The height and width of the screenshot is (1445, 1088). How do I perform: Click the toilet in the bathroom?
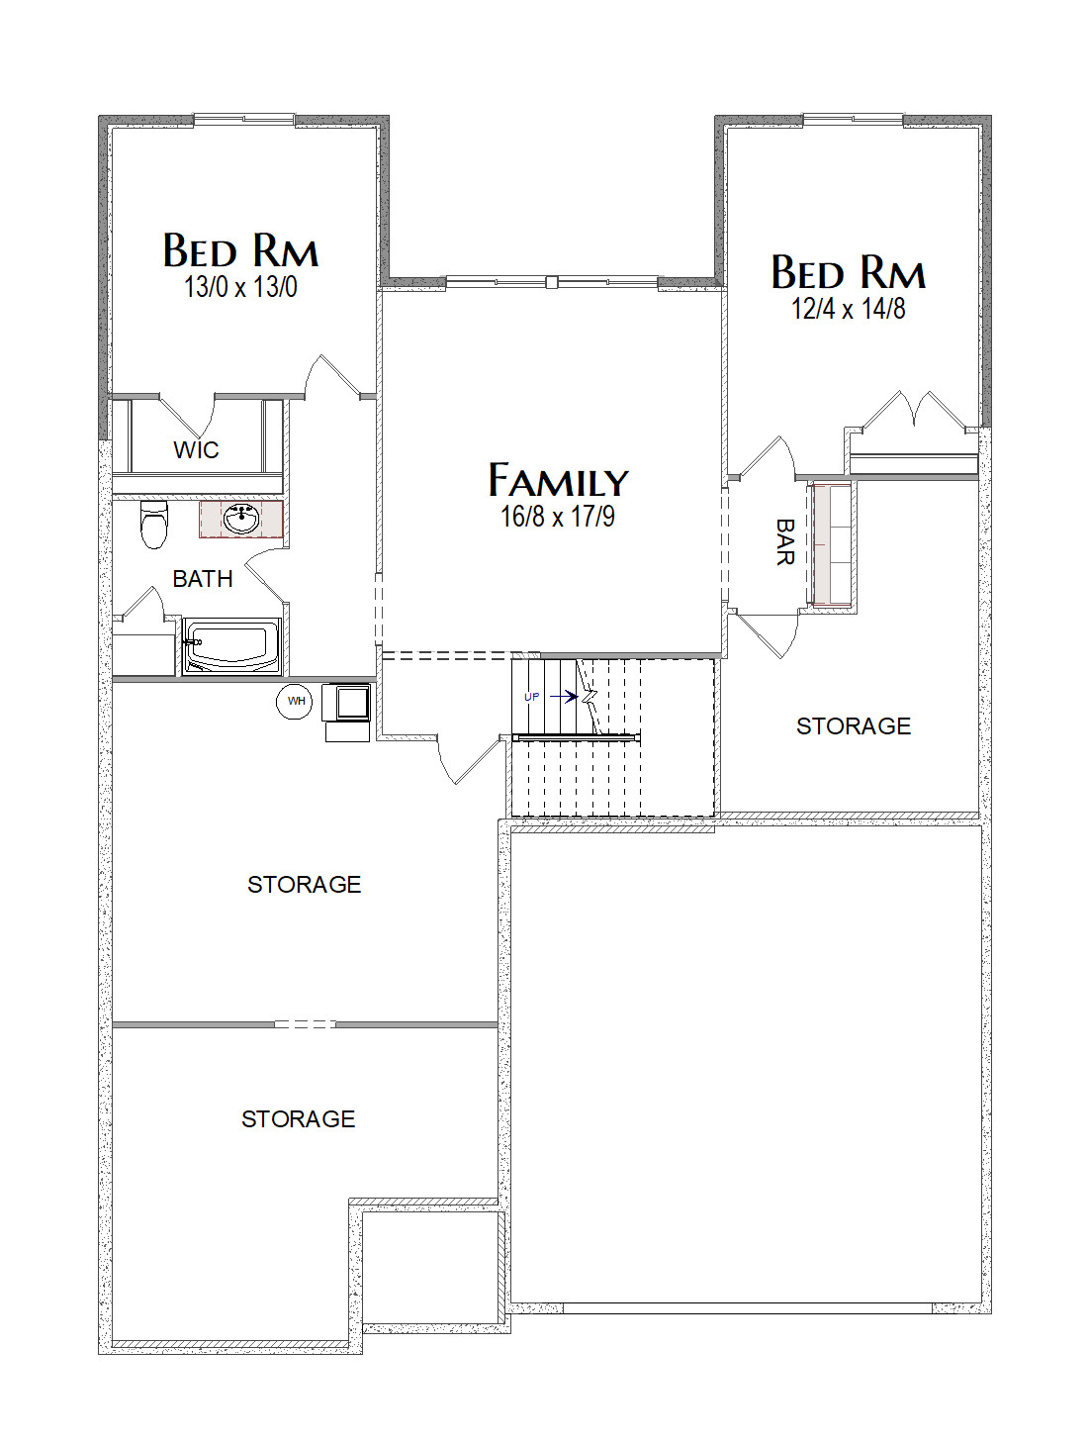[154, 524]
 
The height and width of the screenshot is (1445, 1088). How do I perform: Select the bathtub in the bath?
[231, 646]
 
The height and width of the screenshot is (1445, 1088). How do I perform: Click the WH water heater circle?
[294, 701]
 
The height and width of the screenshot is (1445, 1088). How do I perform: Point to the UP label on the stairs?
[531, 697]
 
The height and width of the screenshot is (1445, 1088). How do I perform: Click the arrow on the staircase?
[564, 696]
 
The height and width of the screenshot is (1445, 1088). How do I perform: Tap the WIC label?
[196, 450]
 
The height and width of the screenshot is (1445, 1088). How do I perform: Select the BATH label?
[203, 579]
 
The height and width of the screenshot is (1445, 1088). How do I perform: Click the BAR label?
[785, 541]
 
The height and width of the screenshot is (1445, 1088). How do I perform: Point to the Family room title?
[559, 480]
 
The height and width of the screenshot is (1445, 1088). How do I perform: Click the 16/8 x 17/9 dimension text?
[558, 517]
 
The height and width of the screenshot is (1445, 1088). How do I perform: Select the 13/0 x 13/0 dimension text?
[240, 287]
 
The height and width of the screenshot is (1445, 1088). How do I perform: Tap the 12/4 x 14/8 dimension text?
[849, 309]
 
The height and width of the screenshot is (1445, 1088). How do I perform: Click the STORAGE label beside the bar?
[854, 726]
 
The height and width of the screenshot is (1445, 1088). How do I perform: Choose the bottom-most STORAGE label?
[299, 1119]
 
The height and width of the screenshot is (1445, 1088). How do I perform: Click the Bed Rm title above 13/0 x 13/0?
[240, 250]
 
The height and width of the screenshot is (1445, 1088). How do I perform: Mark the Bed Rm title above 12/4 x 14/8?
[849, 272]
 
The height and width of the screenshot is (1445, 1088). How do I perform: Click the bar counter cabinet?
[832, 543]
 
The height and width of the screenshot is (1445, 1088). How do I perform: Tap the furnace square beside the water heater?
[346, 703]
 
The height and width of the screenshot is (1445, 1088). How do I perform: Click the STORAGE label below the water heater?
[305, 884]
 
